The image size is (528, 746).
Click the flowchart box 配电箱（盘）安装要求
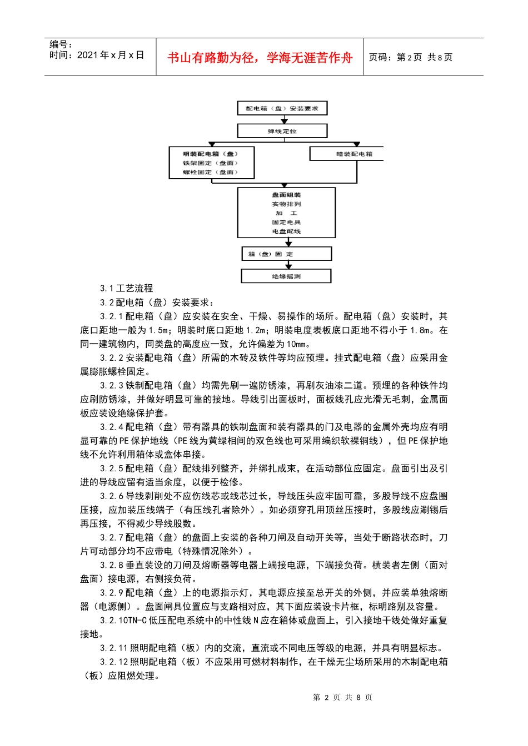point(282,108)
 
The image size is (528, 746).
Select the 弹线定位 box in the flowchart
point(282,131)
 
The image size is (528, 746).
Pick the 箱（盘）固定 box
point(287,254)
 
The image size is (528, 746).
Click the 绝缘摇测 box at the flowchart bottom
point(286,276)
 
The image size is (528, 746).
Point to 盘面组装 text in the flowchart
point(286,195)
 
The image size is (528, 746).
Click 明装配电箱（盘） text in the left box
point(211,154)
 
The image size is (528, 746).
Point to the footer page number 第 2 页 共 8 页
point(342,697)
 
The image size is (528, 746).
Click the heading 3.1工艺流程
point(126,288)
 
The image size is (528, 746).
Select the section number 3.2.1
point(112,316)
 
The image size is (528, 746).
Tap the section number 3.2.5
point(112,468)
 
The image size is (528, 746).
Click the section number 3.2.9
point(112,593)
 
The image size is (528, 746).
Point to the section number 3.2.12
point(114,662)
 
